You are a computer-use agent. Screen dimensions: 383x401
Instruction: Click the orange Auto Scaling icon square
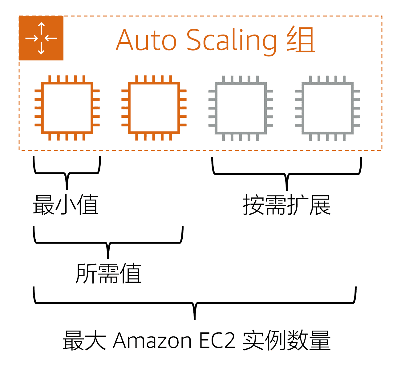pyautogui.click(x=41, y=38)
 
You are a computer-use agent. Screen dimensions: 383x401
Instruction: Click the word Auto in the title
pyautogui.click(x=146, y=40)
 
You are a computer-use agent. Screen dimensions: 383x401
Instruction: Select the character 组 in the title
pyautogui.click(x=301, y=40)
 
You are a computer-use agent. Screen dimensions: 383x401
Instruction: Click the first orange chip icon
pyautogui.click(x=67, y=108)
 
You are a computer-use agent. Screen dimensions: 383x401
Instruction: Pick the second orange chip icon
pyautogui.click(x=154, y=108)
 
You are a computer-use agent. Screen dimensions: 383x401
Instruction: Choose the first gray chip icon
pyautogui.click(x=241, y=108)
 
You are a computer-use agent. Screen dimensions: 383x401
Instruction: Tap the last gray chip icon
pyautogui.click(x=328, y=108)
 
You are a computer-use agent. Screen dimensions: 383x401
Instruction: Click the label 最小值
pyautogui.click(x=66, y=205)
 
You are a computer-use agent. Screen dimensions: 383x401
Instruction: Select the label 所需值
pyautogui.click(x=108, y=274)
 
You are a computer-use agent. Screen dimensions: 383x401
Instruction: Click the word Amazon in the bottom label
pyautogui.click(x=152, y=341)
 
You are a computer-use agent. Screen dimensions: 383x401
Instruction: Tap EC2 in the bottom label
pyautogui.click(x=217, y=341)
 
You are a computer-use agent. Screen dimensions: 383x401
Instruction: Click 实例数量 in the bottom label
pyautogui.click(x=287, y=341)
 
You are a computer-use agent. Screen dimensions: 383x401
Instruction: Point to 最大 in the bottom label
pyautogui.click(x=84, y=341)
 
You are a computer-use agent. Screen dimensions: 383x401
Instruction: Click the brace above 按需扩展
pyautogui.click(x=287, y=174)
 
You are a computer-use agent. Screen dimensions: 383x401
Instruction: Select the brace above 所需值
pyautogui.click(x=108, y=243)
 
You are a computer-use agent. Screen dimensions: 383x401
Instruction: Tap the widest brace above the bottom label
pyautogui.click(x=195, y=303)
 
